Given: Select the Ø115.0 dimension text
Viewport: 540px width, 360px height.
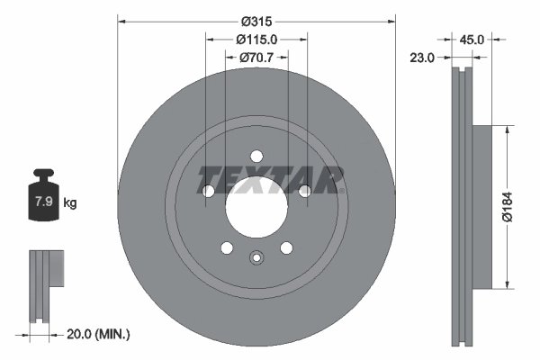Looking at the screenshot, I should (x=256, y=40).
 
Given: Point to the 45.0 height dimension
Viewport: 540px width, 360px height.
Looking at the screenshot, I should (x=472, y=40).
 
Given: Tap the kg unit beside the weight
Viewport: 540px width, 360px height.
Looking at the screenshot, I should (x=69, y=203).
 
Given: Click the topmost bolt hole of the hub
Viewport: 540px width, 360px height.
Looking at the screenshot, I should (x=256, y=155).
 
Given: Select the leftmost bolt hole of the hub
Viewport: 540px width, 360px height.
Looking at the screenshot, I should (x=209, y=190).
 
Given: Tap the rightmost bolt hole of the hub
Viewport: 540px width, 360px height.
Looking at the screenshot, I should (x=304, y=190).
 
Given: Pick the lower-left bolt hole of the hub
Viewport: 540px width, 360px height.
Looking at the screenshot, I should (x=227, y=247).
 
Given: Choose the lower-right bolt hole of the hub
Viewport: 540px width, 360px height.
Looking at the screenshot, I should (x=286, y=247).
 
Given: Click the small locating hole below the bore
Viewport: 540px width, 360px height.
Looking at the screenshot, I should (x=256, y=262).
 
